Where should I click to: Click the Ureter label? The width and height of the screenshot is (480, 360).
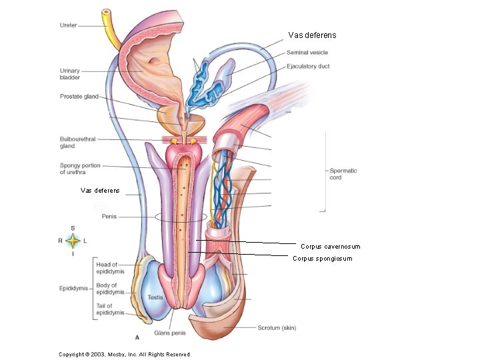[x=68, y=25]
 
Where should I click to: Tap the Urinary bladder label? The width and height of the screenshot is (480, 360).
[x=70, y=73]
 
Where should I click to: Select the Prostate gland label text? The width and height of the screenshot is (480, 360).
[x=79, y=97]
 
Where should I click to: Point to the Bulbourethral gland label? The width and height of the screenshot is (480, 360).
[x=77, y=143]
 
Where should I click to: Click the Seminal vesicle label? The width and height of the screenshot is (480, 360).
[x=307, y=52]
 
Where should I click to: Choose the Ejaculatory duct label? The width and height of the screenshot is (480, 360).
[x=308, y=66]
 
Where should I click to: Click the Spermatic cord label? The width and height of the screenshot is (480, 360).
[x=343, y=174]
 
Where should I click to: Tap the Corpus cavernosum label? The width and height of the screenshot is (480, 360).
[x=330, y=247]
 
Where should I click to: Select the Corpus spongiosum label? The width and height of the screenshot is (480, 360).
[x=323, y=259]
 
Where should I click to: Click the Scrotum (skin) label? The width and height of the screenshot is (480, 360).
[x=277, y=327]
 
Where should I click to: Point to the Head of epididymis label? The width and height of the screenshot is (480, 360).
[x=107, y=269]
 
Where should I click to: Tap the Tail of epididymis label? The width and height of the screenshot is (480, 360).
[x=110, y=309]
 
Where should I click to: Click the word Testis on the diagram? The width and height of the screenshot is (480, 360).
[x=155, y=297]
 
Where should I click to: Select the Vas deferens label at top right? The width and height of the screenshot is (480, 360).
[x=312, y=35]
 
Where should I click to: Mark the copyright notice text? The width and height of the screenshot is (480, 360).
[x=125, y=354]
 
